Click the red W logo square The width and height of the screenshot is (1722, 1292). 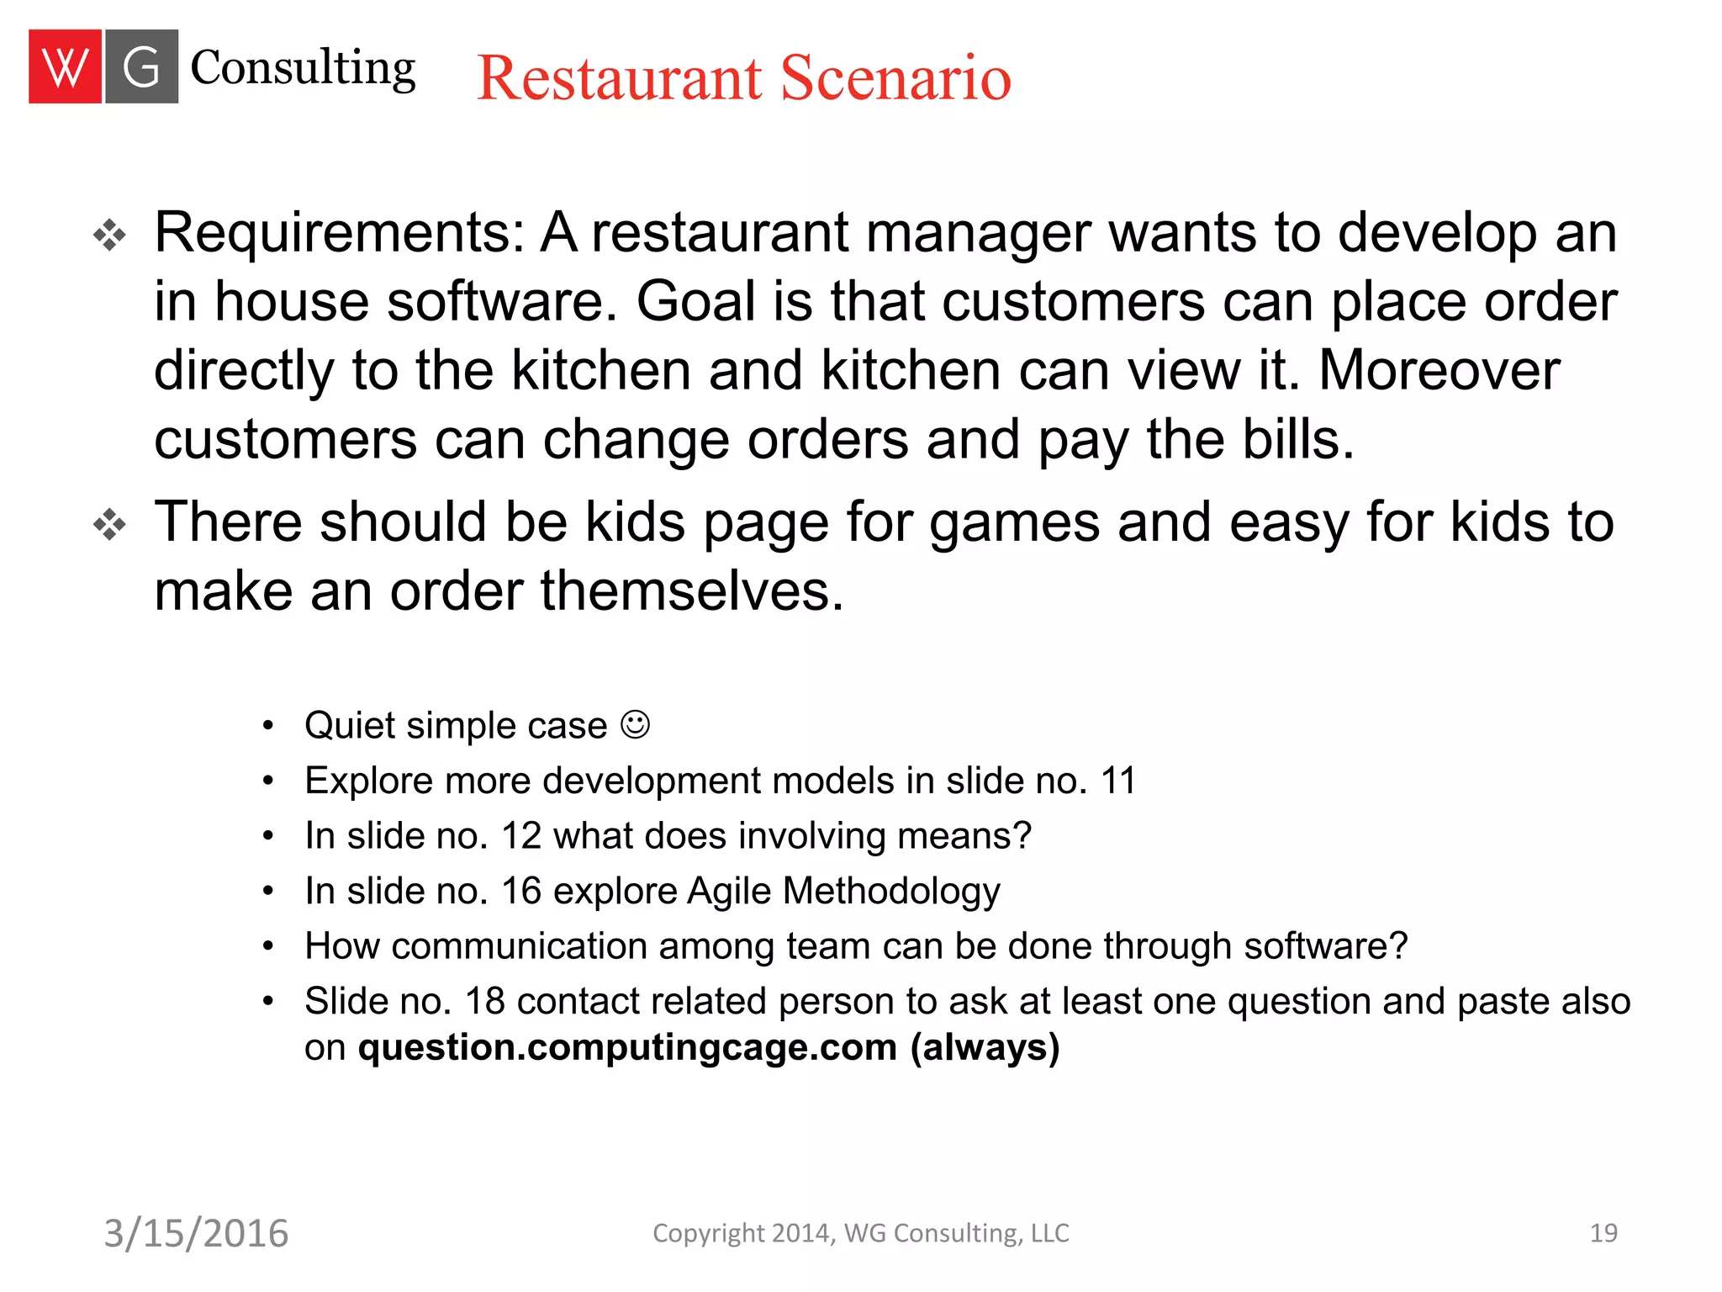coord(65,66)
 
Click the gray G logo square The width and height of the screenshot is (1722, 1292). coord(140,66)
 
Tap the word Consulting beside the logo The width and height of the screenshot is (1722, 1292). coord(303,68)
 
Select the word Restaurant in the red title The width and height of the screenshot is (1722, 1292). coord(620,78)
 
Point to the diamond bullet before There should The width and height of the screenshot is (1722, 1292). coord(109,525)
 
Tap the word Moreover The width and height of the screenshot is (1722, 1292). coord(1439,370)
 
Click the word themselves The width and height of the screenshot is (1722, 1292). coord(691,590)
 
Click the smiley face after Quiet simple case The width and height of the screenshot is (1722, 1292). coord(635,724)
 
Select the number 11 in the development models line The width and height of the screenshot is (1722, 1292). coord(1118,781)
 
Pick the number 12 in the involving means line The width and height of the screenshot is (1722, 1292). coord(521,836)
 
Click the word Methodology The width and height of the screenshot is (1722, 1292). coord(891,891)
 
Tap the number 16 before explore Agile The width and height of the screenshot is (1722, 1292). coord(521,891)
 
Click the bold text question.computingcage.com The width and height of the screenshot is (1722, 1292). coord(627,1047)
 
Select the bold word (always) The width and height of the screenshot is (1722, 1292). coord(985,1047)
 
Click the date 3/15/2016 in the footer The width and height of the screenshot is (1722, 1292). coord(196,1233)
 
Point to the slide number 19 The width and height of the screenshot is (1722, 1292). coord(1603,1233)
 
